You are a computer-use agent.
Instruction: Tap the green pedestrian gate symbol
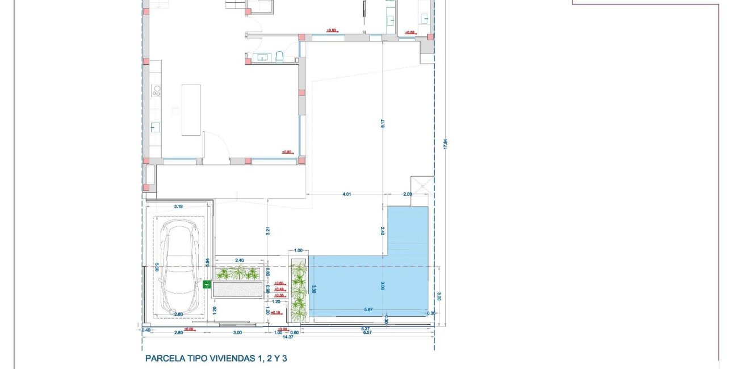(206, 284)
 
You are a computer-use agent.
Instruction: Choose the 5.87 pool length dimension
(368, 310)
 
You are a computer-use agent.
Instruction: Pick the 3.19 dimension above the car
(178, 207)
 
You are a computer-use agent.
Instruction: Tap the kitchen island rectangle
(191, 110)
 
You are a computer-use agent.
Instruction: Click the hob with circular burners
(156, 91)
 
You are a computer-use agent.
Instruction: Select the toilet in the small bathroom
(279, 56)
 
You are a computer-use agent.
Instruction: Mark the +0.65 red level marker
(279, 283)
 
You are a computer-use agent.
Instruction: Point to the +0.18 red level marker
(277, 313)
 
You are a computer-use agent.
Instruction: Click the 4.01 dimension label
(347, 195)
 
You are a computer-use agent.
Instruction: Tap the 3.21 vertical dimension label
(267, 230)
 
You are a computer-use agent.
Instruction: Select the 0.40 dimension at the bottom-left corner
(146, 330)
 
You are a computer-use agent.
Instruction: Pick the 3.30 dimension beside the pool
(313, 289)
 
